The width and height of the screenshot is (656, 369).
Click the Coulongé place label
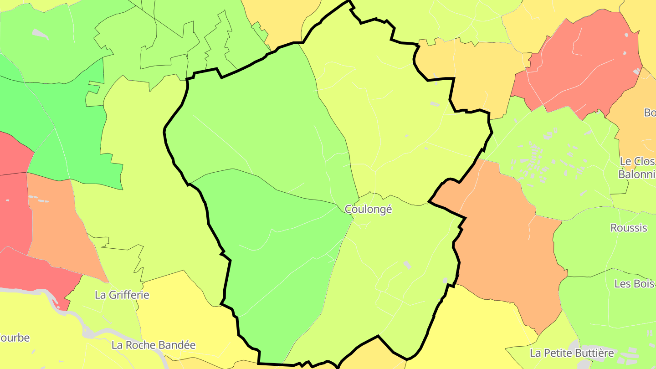(x=368, y=209)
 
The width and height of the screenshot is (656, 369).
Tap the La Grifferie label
(x=122, y=295)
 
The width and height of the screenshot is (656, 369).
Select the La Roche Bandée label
(x=154, y=345)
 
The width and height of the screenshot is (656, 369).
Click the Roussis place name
(x=628, y=228)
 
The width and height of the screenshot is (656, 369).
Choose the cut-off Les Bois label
(x=635, y=284)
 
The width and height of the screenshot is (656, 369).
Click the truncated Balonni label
(x=636, y=174)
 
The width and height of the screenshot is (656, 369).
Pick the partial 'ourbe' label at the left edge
(x=15, y=338)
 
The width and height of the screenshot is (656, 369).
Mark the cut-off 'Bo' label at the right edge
(x=650, y=112)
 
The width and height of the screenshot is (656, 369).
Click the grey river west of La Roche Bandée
(x=87, y=332)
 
